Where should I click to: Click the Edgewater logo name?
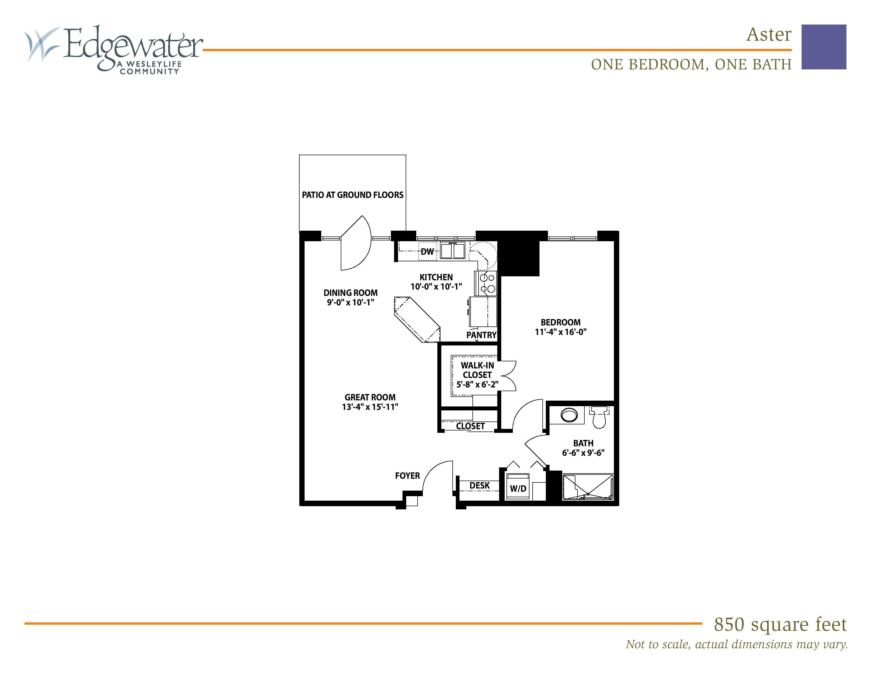pos(133,47)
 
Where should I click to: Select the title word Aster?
pos(769,34)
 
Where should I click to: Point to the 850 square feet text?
pos(780,624)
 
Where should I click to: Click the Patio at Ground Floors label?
pos(353,195)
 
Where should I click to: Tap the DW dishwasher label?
pos(427,252)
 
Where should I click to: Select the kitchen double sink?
pos(453,251)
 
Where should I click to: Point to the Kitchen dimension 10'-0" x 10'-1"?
pos(436,286)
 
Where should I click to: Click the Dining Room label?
pos(351,293)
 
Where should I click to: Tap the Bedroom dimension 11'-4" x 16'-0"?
pos(561,332)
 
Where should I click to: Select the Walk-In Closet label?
pos(477,370)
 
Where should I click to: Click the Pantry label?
pos(481,335)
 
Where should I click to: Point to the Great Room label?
pos(370,397)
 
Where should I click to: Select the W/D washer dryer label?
pos(518,489)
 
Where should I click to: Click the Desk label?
pos(479,485)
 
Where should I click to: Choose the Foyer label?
pos(407,476)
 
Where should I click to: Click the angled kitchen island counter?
pos(417,319)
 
